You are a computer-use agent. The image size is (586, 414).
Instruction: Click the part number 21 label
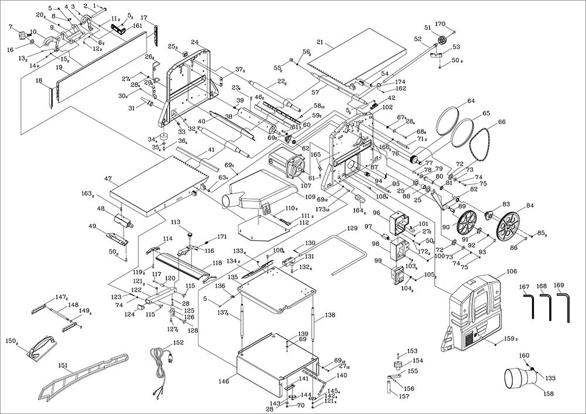[x=320, y=42]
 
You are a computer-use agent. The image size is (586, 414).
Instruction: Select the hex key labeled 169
[x=565, y=307]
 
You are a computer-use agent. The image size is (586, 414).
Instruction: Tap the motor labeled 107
[x=285, y=165]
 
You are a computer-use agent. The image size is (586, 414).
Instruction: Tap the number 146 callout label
[x=223, y=381]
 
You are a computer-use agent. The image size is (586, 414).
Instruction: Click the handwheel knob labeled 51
[x=443, y=41]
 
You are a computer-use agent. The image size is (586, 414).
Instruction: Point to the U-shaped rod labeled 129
[x=346, y=252]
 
